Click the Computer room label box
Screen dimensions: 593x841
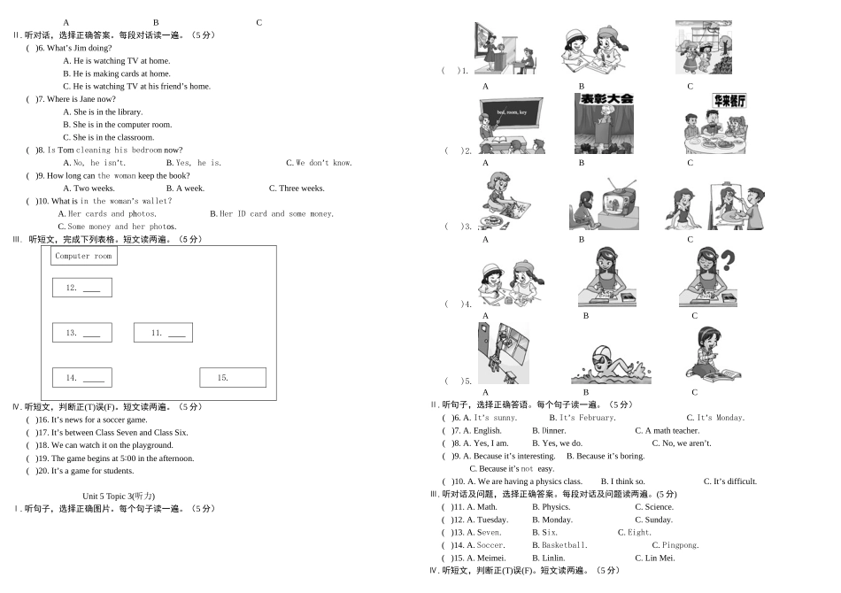click(x=84, y=256)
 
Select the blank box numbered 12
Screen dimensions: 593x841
click(x=82, y=288)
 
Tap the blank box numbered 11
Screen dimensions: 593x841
click(x=163, y=333)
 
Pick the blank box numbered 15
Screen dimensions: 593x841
click(x=233, y=378)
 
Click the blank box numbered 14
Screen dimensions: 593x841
click(x=82, y=378)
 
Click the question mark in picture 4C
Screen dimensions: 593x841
click(x=728, y=261)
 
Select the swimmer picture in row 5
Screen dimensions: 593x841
click(x=610, y=365)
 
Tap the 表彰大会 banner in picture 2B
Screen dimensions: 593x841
click(x=606, y=100)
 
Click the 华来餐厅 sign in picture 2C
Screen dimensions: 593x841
click(x=729, y=101)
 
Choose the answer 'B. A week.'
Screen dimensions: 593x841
click(x=185, y=189)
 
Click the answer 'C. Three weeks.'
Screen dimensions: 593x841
click(x=297, y=189)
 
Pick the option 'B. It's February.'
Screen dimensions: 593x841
click(x=582, y=418)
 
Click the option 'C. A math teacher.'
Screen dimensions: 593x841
click(x=667, y=431)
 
